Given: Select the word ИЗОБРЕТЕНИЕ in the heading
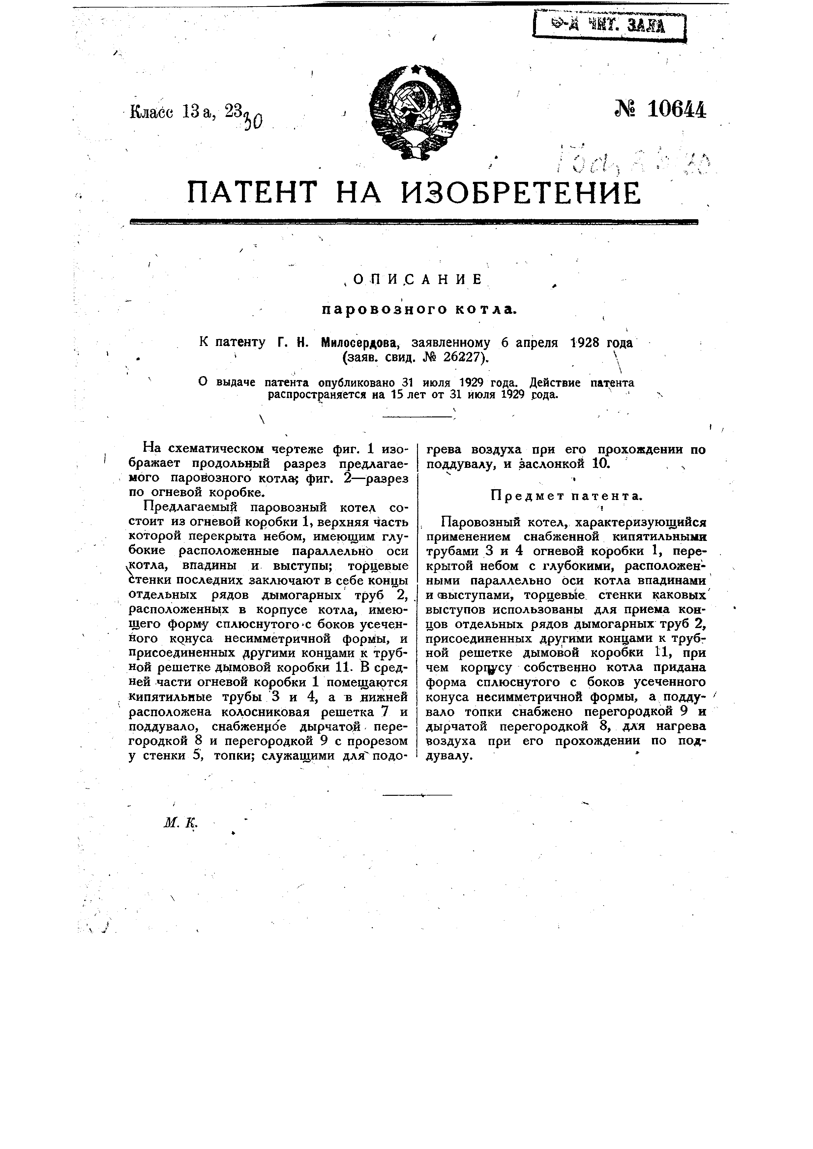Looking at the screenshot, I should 521,193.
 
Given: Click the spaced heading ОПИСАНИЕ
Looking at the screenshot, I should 417,279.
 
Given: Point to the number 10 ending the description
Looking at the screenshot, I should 601,463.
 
